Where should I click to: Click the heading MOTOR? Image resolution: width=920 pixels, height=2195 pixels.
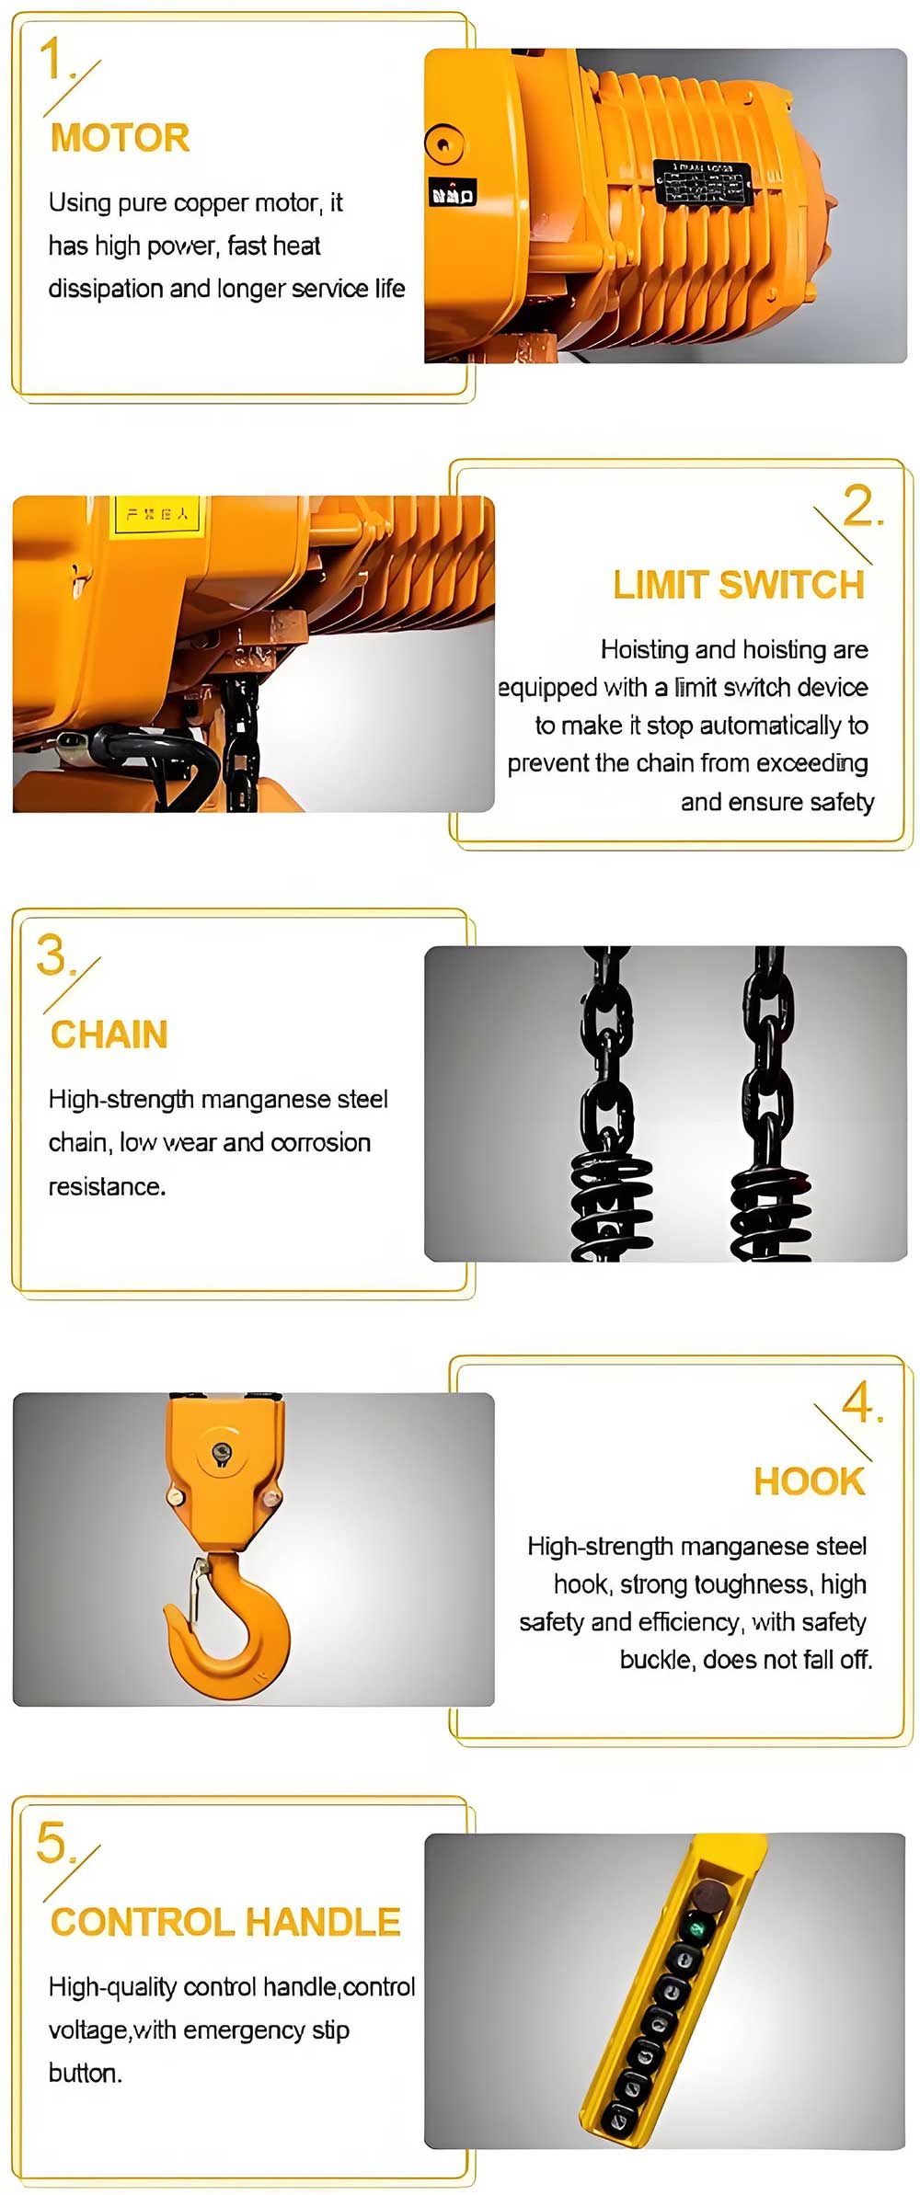click(x=120, y=138)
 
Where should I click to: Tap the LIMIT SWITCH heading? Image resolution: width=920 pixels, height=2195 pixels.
click(x=739, y=585)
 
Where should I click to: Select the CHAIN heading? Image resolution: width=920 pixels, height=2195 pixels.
click(x=109, y=1035)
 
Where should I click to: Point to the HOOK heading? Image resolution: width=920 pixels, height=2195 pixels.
click(x=809, y=1481)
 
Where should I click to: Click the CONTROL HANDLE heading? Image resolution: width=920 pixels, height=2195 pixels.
click(x=225, y=1922)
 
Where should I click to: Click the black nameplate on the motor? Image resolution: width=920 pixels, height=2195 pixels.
click(x=701, y=183)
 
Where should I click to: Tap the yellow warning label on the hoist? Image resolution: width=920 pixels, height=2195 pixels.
click(x=156, y=515)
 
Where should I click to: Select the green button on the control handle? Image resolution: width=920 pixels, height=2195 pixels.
click(x=697, y=1926)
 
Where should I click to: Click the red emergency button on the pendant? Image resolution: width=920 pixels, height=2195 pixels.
click(x=707, y=1895)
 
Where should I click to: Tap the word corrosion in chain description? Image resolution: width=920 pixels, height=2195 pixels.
click(x=321, y=1143)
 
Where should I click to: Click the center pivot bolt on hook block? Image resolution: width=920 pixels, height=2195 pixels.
click(x=221, y=1452)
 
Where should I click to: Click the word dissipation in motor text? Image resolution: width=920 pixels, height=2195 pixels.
click(x=106, y=289)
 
